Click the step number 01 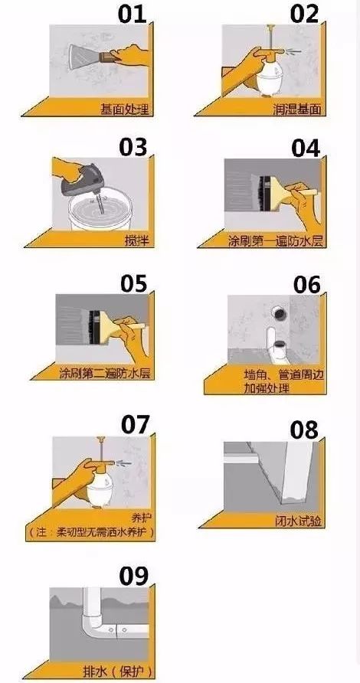pos(136,15)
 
